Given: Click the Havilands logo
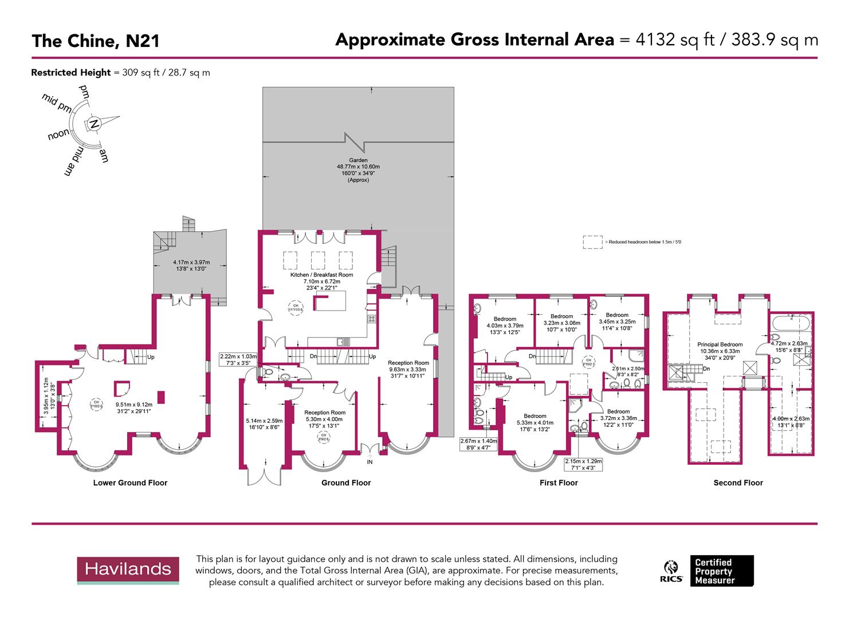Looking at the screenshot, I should (128, 569).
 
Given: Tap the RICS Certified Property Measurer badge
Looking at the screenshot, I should (708, 571).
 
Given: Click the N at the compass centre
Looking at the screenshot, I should (95, 124).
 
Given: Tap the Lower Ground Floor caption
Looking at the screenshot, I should (130, 483).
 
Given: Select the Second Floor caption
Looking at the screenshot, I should (738, 483).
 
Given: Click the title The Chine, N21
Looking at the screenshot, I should (96, 41).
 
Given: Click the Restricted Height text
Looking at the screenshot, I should (71, 73).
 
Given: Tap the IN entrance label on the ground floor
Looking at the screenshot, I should (370, 462).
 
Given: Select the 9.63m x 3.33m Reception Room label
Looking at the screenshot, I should (408, 369).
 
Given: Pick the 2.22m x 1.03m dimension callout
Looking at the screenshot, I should (238, 359).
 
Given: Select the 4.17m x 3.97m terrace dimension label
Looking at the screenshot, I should (191, 266).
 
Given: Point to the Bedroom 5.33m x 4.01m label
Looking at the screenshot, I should (534, 423).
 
